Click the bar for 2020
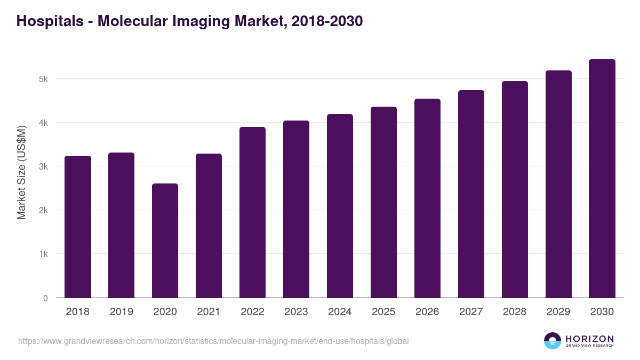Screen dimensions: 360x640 (x=165, y=241)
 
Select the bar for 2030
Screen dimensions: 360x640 (x=602, y=179)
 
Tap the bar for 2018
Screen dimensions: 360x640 (x=78, y=227)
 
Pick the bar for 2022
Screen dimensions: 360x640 (x=252, y=212)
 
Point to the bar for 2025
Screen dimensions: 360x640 (x=383, y=202)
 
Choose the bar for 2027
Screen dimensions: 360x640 (x=471, y=194)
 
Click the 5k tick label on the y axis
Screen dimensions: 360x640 (x=43, y=79)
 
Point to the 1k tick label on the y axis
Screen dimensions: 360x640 (x=43, y=254)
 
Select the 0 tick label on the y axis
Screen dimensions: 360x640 (x=45, y=298)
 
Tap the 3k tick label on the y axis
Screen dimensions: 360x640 (x=43, y=167)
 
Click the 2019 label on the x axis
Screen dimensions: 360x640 (x=121, y=312)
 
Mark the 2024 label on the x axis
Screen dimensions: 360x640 (x=340, y=312)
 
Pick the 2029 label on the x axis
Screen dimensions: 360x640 (x=558, y=312)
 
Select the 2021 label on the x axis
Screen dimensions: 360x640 (x=209, y=312)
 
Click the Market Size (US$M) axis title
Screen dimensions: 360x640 (x=21, y=173)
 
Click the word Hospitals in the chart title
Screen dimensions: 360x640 (x=49, y=21)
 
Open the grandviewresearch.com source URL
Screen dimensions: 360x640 (x=213, y=341)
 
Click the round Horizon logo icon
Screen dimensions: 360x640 (x=553, y=341)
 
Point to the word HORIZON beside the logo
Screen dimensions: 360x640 (x=589, y=338)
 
